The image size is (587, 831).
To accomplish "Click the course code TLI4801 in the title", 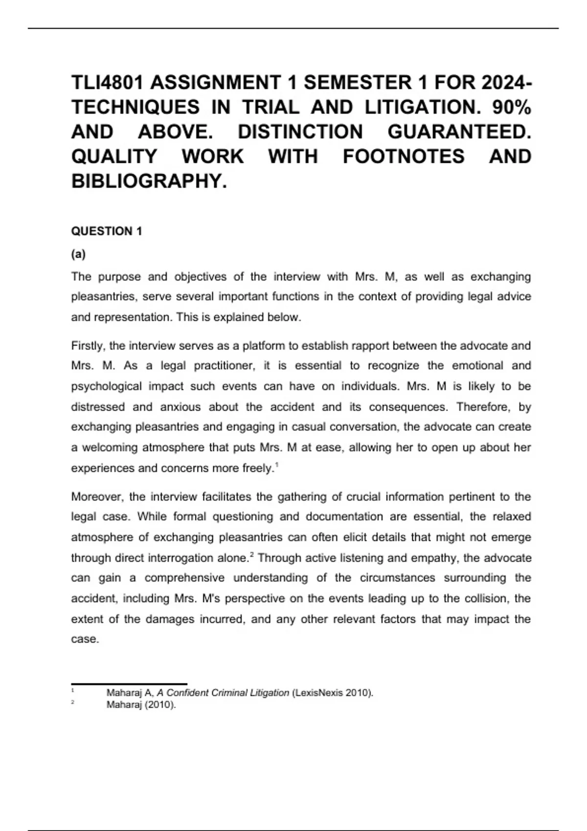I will [x=107, y=83].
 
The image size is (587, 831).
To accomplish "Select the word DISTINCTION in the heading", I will [x=300, y=132].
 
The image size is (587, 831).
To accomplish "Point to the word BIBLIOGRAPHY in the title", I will [x=149, y=181].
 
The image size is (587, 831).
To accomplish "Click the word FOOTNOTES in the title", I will [x=404, y=156].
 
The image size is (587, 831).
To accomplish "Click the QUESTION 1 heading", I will [x=107, y=231].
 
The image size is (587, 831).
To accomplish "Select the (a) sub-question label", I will [x=78, y=254].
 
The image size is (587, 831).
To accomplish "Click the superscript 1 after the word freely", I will [x=277, y=465].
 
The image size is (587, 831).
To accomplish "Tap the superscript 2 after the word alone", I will [x=252, y=554].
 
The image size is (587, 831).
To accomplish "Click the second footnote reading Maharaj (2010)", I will [x=141, y=705].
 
